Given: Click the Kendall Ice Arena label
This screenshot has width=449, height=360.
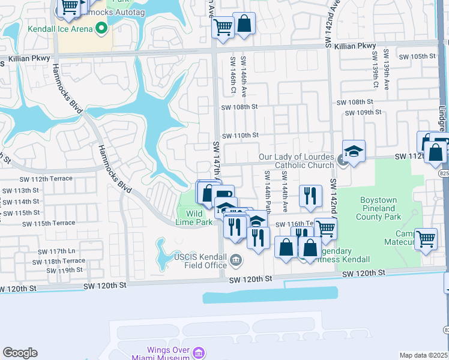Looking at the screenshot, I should point(59,28).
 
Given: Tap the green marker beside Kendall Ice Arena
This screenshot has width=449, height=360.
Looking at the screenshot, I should point(101,28).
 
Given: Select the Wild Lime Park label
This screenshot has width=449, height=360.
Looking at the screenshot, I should point(198,218).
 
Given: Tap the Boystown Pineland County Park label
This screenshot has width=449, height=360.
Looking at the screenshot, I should point(389,208).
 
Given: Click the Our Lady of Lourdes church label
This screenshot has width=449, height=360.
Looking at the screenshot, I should point(296,161).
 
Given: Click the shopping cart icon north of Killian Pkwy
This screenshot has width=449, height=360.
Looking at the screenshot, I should point(223,26).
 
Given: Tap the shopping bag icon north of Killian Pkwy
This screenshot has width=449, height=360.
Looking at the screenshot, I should point(244,24).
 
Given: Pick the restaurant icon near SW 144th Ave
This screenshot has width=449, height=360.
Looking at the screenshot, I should point(310,196).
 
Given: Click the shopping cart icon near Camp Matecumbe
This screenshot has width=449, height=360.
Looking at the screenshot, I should point(426,239).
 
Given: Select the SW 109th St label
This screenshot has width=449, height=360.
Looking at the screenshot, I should point(364,112).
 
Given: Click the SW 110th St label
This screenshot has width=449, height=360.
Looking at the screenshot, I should point(240,136).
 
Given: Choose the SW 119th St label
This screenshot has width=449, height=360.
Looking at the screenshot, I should point(61,270).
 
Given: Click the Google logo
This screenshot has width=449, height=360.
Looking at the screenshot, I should point(20,353).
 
